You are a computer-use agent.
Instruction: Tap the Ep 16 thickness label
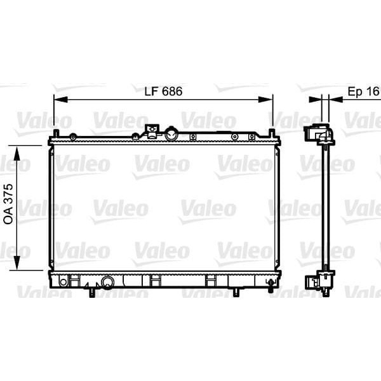point(363,91)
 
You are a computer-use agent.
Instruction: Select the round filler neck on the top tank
point(171,134)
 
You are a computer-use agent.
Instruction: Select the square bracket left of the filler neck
point(151,131)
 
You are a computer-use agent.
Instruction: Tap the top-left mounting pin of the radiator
point(56,133)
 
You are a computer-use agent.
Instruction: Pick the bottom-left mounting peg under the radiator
point(93,292)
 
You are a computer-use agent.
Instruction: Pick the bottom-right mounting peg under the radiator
point(236,292)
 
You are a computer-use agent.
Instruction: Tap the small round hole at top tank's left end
point(74,137)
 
